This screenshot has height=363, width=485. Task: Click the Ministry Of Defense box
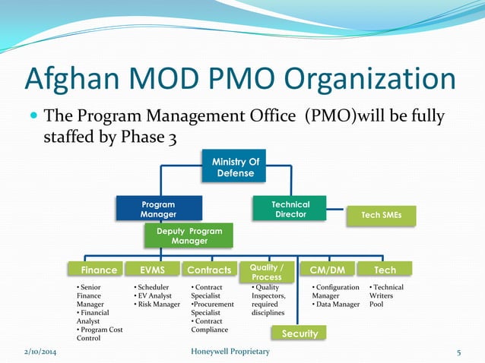235,167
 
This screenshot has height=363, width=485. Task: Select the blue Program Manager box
158,209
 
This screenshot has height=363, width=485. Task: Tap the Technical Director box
290,209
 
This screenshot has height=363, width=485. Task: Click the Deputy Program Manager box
189,235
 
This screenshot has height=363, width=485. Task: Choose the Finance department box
99,270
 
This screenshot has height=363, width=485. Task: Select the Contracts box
209,270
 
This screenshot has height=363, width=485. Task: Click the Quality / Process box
266,271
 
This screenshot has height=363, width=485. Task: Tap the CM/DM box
328,270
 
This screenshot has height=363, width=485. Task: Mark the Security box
299,333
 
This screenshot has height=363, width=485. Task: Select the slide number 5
459,352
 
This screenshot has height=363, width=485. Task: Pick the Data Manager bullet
336,305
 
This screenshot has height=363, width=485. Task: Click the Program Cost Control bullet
99,334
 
